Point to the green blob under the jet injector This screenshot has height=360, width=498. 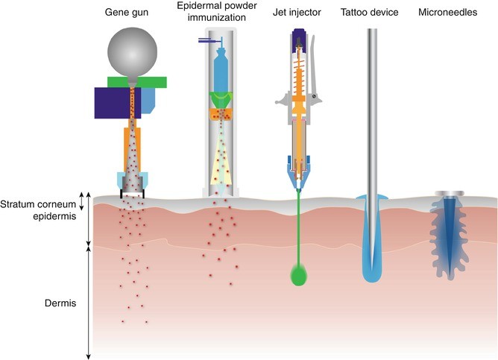point(299,277)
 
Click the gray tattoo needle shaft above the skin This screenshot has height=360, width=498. point(371,112)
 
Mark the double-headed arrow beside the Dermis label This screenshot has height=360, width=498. point(89,302)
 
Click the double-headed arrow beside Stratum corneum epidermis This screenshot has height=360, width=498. point(89,218)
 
